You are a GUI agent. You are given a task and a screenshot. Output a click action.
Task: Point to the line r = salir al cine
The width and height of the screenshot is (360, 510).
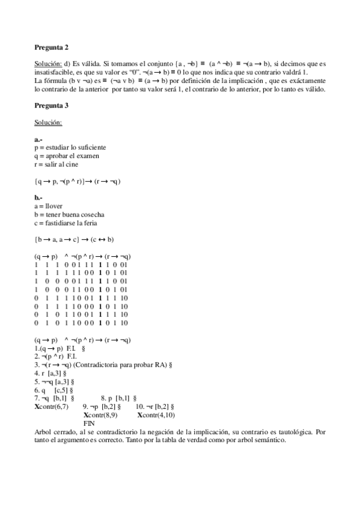coord(56,164)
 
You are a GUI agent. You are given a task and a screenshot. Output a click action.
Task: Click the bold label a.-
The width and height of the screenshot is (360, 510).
coord(38,139)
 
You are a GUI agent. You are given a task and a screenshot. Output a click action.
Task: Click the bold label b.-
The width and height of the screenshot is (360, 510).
coord(38,197)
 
